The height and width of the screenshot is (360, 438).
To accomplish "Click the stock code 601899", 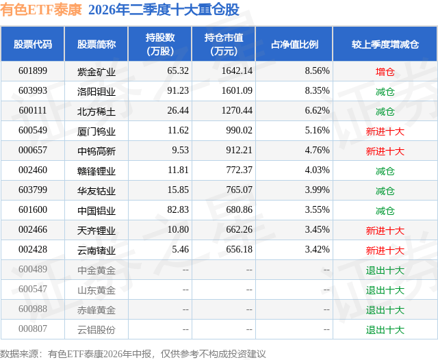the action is [33, 71].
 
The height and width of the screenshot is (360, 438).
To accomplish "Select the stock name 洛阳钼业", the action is [96, 91].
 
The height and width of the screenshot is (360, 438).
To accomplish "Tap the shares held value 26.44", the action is [178, 111].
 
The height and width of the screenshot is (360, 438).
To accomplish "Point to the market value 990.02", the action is [239, 131].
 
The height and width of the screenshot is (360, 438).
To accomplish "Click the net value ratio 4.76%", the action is [317, 151].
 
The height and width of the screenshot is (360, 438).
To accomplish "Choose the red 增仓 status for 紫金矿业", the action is [385, 72].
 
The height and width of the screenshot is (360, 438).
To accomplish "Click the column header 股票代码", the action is [33, 44].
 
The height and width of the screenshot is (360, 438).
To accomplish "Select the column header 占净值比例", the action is [294, 44].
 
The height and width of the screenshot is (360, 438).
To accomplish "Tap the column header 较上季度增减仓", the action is [385, 44].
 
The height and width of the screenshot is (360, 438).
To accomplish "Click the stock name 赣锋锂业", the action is [96, 170].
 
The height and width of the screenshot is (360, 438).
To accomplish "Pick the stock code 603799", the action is [33, 190].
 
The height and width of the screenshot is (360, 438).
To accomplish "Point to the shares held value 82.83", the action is [178, 209].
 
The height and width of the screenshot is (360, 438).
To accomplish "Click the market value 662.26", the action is [239, 229].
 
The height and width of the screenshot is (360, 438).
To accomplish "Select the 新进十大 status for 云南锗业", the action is [385, 250].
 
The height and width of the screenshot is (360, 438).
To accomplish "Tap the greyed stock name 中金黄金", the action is [96, 270].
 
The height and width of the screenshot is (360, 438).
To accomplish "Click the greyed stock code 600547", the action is [33, 289].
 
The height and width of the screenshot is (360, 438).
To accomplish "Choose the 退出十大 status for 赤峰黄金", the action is [385, 310].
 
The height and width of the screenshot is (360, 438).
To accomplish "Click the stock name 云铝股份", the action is [96, 330].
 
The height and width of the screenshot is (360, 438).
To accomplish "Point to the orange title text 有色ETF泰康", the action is [41, 10].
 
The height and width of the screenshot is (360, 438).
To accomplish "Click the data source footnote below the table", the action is [133, 354].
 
